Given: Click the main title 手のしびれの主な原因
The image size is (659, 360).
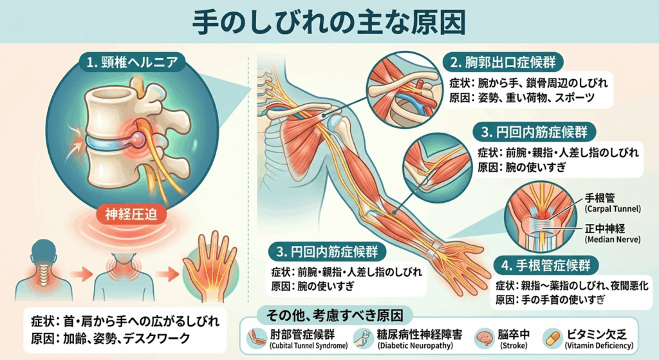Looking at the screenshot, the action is tap(329, 21).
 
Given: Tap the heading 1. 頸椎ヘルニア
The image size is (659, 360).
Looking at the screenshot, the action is tap(132, 62).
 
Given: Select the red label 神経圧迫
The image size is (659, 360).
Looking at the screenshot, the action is tap(131, 214).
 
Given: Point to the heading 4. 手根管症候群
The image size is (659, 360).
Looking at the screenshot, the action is tap(545, 265).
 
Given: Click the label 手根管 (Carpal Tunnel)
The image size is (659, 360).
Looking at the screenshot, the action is tap(613, 202).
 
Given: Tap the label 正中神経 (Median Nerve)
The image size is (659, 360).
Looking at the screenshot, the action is tap(613, 233).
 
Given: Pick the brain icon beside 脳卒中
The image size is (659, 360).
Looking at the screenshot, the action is tap(484, 339).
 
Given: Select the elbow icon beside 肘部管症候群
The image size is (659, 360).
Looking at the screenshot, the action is tap(256, 339).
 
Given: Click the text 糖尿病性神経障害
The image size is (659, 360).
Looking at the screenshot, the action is tap(420, 334).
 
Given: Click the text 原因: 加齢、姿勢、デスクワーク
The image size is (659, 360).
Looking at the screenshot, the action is tap(111, 339).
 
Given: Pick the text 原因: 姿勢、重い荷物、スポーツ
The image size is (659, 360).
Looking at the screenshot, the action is tap(521, 98).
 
